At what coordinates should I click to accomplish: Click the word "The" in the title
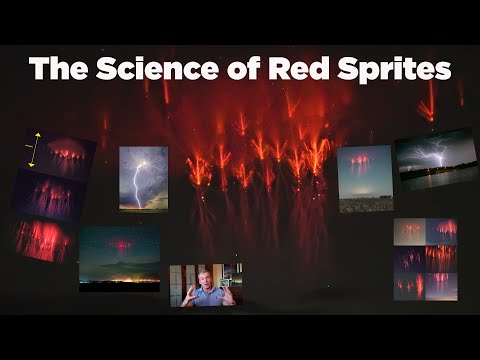click(x=58, y=68)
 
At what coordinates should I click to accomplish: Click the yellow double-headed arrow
click(x=35, y=150)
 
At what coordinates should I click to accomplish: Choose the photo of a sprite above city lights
click(x=120, y=255)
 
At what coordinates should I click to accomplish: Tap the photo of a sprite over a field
click(x=364, y=180)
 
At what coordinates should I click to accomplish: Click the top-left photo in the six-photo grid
click(x=409, y=231)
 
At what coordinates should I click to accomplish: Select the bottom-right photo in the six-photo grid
click(x=441, y=287)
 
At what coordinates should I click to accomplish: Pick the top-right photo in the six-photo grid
click(x=441, y=231)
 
